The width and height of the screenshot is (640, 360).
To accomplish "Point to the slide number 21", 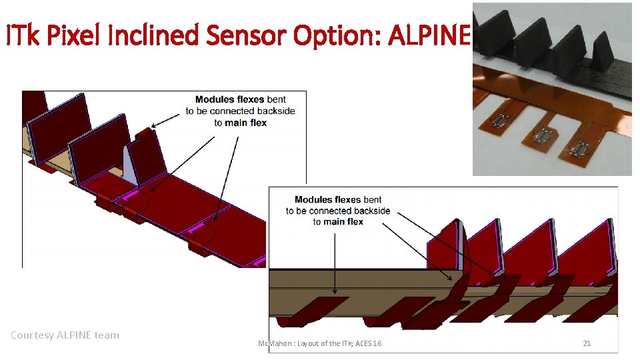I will [x=587, y=343].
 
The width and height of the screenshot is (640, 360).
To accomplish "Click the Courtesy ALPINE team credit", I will [x=65, y=335].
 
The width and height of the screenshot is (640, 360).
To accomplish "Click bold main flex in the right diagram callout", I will [x=344, y=222].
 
